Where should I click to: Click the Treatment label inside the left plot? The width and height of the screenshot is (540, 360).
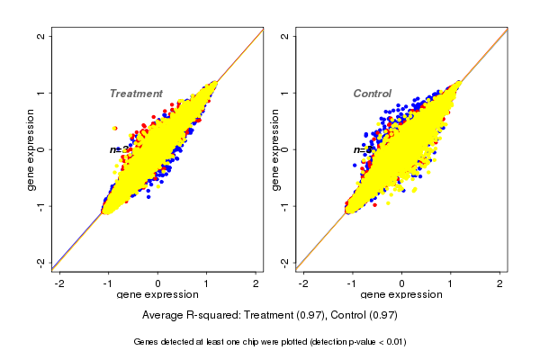(136, 94)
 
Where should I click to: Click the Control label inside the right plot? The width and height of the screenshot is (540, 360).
(372, 94)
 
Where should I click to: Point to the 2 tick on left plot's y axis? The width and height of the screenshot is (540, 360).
(41, 36)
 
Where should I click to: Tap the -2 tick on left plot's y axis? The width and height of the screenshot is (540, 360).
(41, 262)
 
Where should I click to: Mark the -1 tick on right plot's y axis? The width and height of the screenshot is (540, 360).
(286, 205)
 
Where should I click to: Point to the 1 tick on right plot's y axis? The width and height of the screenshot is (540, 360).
(286, 93)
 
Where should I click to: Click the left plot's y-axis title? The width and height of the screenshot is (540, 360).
(31, 149)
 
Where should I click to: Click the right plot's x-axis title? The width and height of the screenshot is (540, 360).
(401, 295)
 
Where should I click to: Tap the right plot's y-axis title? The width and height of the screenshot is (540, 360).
(275, 149)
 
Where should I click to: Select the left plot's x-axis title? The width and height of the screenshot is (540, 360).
(157, 295)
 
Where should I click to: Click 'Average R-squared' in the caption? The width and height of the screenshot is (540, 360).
(188, 316)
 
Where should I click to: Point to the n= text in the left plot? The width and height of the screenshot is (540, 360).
(116, 149)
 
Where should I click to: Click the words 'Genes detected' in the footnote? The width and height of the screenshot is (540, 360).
(162, 342)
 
